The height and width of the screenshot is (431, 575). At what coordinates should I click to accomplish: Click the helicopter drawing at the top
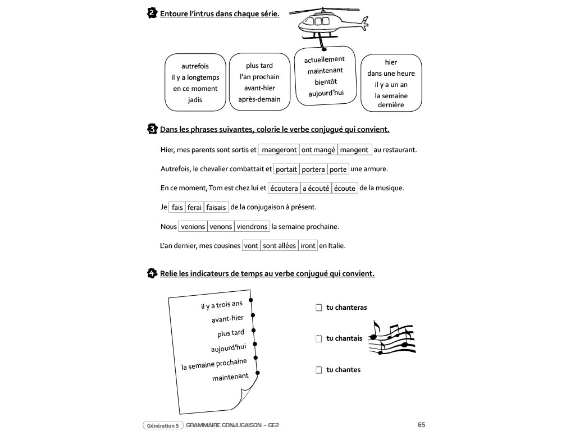tap(331, 24)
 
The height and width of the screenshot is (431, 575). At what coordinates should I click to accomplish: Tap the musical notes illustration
tap(393, 338)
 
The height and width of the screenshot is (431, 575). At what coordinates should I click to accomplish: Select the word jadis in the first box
tap(195, 100)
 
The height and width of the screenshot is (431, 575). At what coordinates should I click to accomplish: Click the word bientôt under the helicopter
tap(326, 82)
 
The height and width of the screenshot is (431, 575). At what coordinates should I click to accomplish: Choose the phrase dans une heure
tap(391, 74)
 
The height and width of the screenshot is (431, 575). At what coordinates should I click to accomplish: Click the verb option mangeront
tap(279, 150)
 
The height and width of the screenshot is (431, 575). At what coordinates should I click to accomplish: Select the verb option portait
tap(286, 169)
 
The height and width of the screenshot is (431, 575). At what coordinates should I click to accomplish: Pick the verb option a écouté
tap(316, 189)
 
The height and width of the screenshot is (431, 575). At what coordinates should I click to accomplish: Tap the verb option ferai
tap(194, 207)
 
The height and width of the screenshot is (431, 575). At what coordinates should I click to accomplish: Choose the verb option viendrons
tap(252, 227)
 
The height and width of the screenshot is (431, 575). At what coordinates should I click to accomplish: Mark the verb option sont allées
tap(279, 246)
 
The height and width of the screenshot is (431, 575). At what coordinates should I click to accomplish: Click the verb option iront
tap(308, 246)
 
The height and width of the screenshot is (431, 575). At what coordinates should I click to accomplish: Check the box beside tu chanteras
tap(318, 308)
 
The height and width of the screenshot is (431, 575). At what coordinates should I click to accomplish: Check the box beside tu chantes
tap(318, 370)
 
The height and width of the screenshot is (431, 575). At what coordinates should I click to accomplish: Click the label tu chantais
tap(344, 338)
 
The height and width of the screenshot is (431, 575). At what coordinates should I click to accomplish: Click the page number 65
tap(421, 425)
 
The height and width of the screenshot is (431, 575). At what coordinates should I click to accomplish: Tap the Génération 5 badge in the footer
tap(163, 425)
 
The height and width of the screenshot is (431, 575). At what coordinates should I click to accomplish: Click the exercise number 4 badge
tap(152, 273)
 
